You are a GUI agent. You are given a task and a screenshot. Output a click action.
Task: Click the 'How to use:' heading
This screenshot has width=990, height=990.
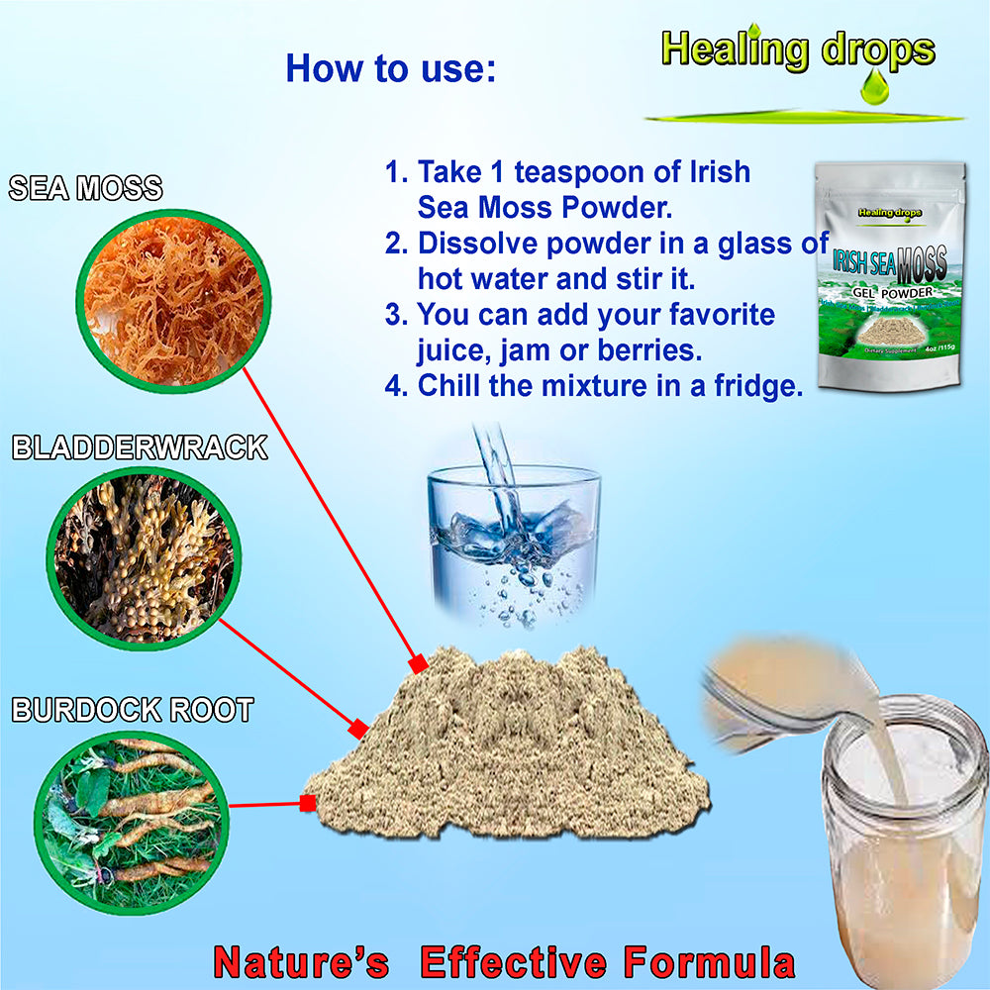click(x=390, y=68)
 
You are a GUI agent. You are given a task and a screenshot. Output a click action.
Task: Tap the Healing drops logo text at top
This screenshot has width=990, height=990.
click(x=798, y=49)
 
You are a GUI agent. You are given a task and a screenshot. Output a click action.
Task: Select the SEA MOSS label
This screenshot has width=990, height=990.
click(x=85, y=188)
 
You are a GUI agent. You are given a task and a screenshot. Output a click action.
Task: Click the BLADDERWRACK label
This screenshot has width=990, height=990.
click(x=140, y=447)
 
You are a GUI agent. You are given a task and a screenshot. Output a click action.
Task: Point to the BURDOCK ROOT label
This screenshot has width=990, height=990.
click(x=133, y=710)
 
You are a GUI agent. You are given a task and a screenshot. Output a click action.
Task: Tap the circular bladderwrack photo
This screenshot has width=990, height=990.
click(x=144, y=557)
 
